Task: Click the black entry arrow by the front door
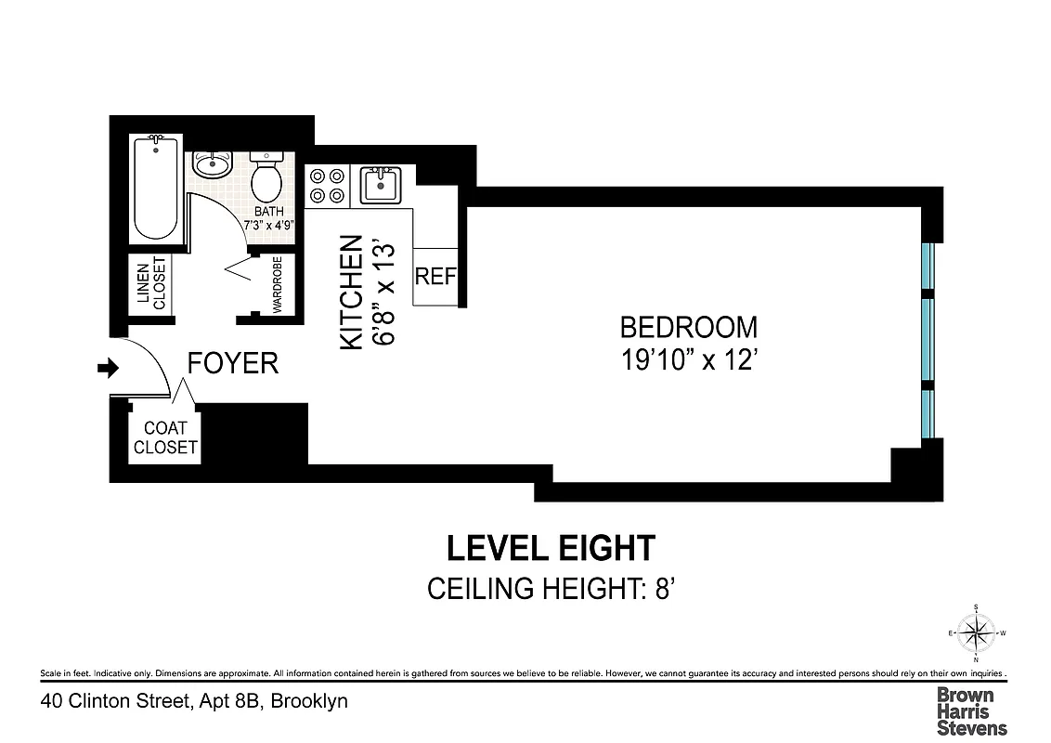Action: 109,369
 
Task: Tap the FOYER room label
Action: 232,363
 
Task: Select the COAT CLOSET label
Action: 165,437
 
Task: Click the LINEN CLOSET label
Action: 150,283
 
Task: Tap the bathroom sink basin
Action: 213,165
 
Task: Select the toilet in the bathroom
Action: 266,177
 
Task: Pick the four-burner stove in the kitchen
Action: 327,184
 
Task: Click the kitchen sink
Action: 381,184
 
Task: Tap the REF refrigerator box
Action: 435,277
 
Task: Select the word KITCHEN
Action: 350,292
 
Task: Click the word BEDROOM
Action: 688,328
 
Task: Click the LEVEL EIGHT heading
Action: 551,548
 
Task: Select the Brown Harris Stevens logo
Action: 971,710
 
